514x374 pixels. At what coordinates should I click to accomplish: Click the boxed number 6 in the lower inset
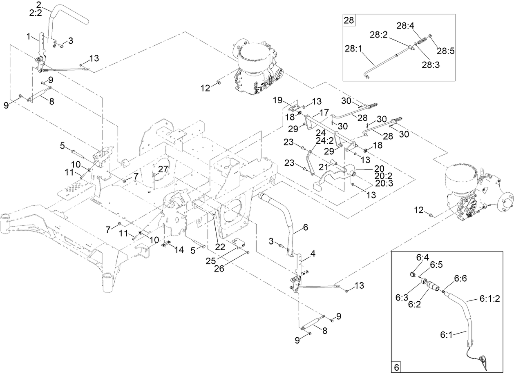coord(396,367)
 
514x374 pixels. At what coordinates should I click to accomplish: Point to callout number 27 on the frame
coord(163,169)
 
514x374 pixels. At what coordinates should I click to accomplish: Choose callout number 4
coord(313,254)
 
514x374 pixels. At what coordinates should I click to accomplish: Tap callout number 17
coord(324,111)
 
